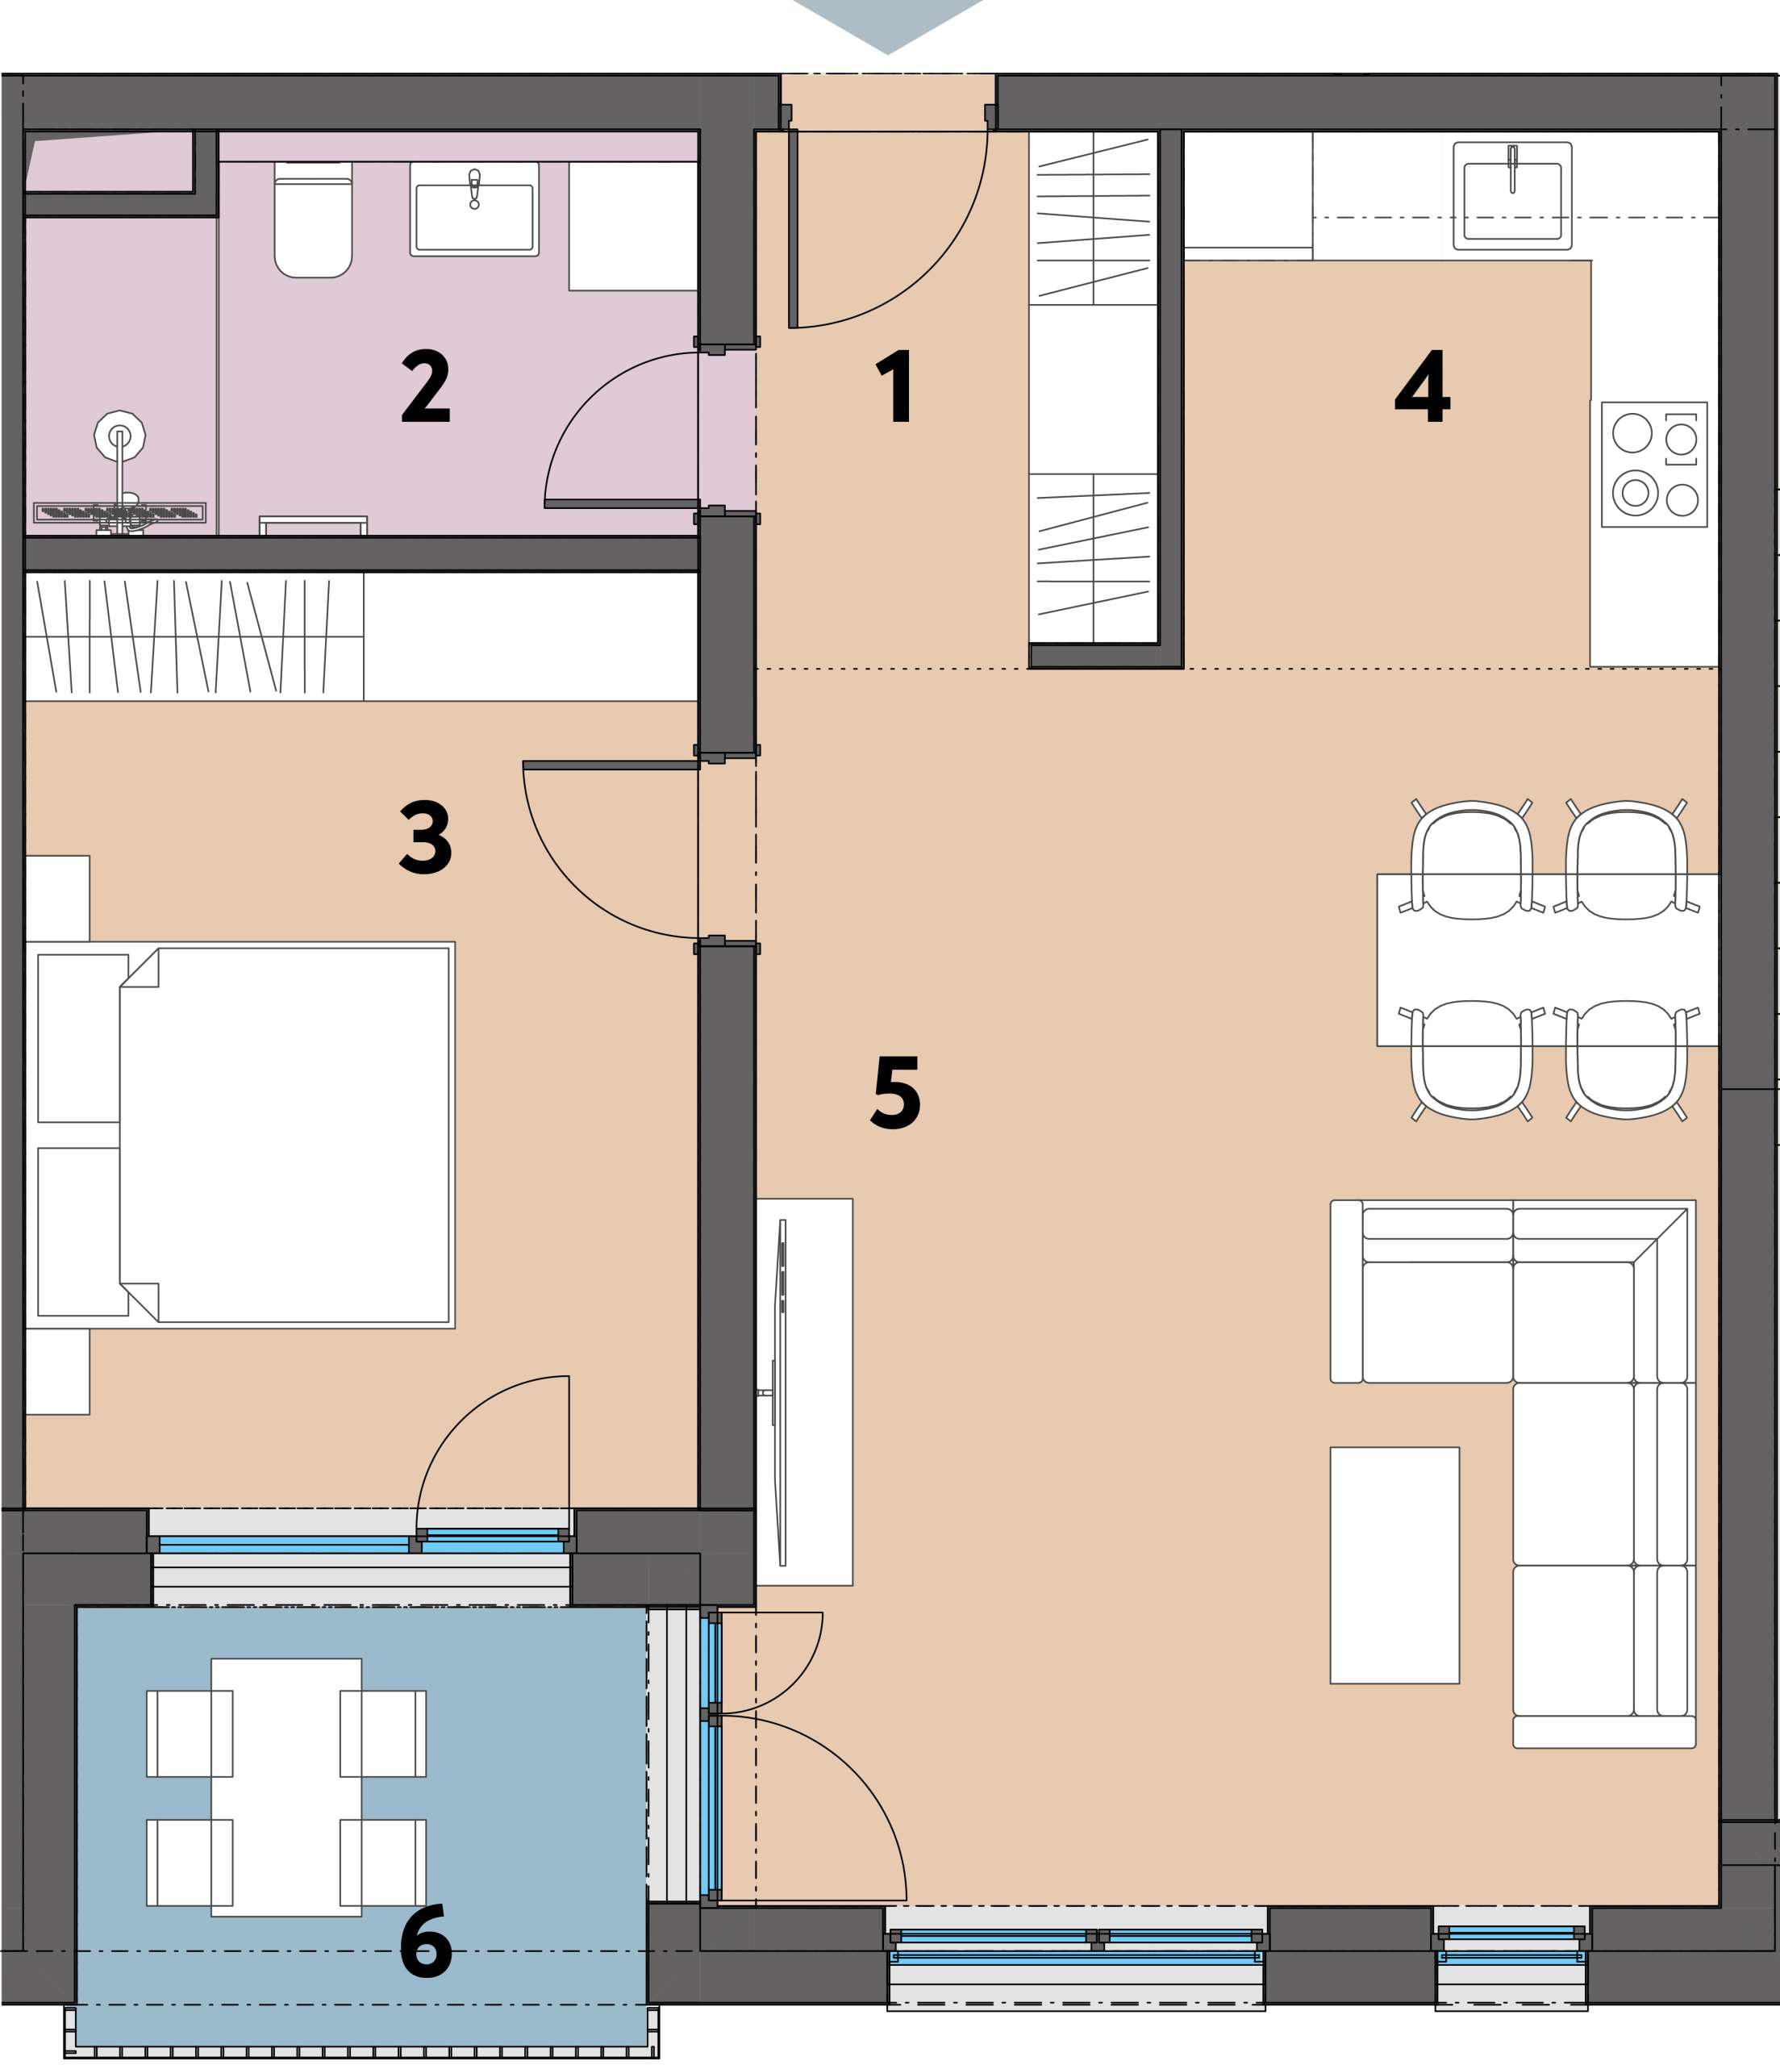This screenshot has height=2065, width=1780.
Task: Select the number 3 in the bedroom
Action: point(426,838)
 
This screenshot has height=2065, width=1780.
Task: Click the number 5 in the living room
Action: point(896,1092)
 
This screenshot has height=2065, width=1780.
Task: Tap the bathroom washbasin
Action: point(474,209)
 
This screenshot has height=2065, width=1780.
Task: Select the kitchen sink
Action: point(1512,195)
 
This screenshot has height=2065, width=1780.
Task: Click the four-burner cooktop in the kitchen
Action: point(1654,465)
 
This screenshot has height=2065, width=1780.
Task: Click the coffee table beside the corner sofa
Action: point(1394,1566)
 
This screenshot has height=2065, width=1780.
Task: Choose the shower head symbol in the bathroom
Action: point(119,435)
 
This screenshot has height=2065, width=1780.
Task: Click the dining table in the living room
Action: point(1547,960)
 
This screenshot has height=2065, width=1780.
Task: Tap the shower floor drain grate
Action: point(119,513)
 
